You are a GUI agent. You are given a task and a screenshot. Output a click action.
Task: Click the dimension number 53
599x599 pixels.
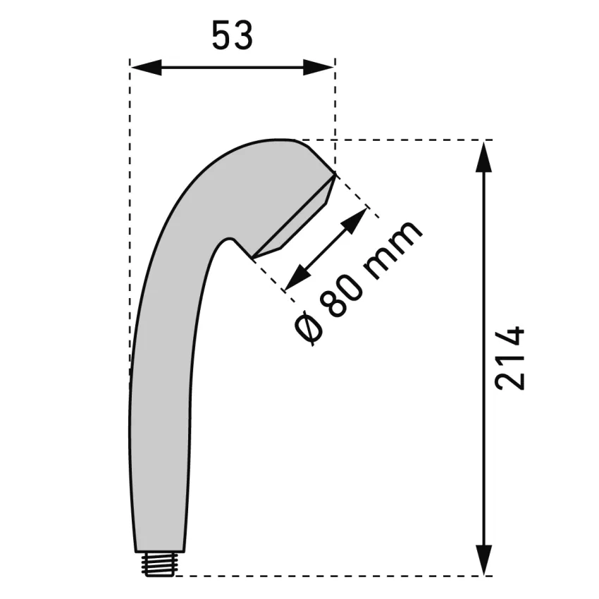tap(233, 36)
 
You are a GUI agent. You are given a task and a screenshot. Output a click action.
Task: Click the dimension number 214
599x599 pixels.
tap(510, 358)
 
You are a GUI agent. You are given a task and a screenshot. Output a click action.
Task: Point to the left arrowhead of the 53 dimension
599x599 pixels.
tap(146, 67)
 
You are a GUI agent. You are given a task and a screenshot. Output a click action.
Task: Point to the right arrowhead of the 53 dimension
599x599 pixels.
tap(319, 67)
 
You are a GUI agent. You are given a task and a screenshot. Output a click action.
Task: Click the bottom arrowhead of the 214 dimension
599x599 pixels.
tap(484, 560)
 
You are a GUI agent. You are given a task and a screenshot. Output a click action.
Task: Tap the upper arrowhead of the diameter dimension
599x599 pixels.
tap(355, 221)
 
